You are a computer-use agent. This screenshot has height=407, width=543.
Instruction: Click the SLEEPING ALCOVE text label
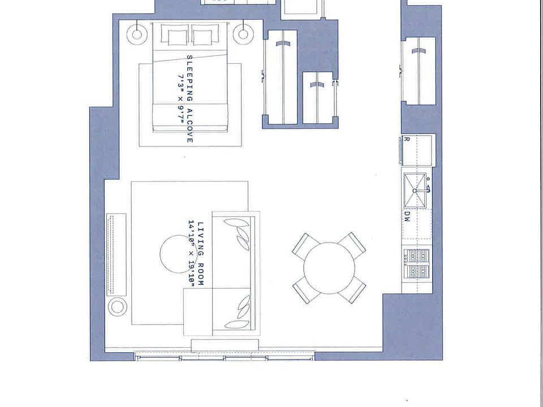tap(190, 98)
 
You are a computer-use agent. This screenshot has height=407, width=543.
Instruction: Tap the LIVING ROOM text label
tap(200, 253)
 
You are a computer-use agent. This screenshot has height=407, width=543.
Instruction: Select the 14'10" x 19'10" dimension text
tap(192, 253)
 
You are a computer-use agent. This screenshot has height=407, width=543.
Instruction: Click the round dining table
tap(329, 267)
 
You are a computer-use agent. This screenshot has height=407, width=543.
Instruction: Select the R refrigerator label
tap(407, 139)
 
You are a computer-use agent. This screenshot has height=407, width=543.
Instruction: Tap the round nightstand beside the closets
tap(244, 33)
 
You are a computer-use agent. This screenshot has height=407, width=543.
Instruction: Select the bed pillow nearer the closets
tap(202, 36)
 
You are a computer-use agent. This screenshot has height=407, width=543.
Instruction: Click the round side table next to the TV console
tap(118, 307)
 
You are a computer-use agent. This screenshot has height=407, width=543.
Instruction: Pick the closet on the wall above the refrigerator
tap(419, 71)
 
